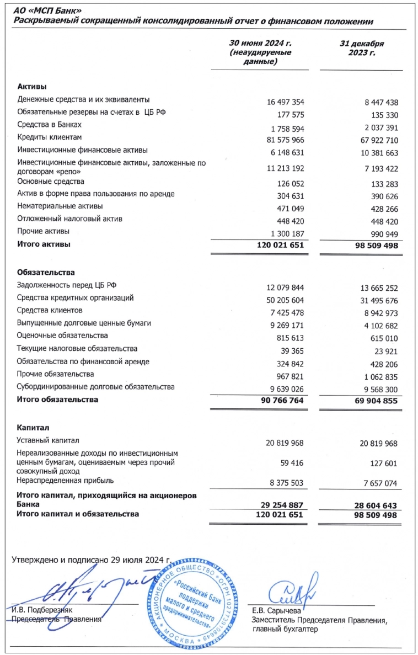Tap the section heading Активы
32,87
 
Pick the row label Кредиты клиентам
49,137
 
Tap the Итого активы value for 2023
372,246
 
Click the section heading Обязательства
46,272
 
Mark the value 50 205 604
282,301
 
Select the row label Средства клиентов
50,310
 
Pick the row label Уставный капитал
48,440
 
